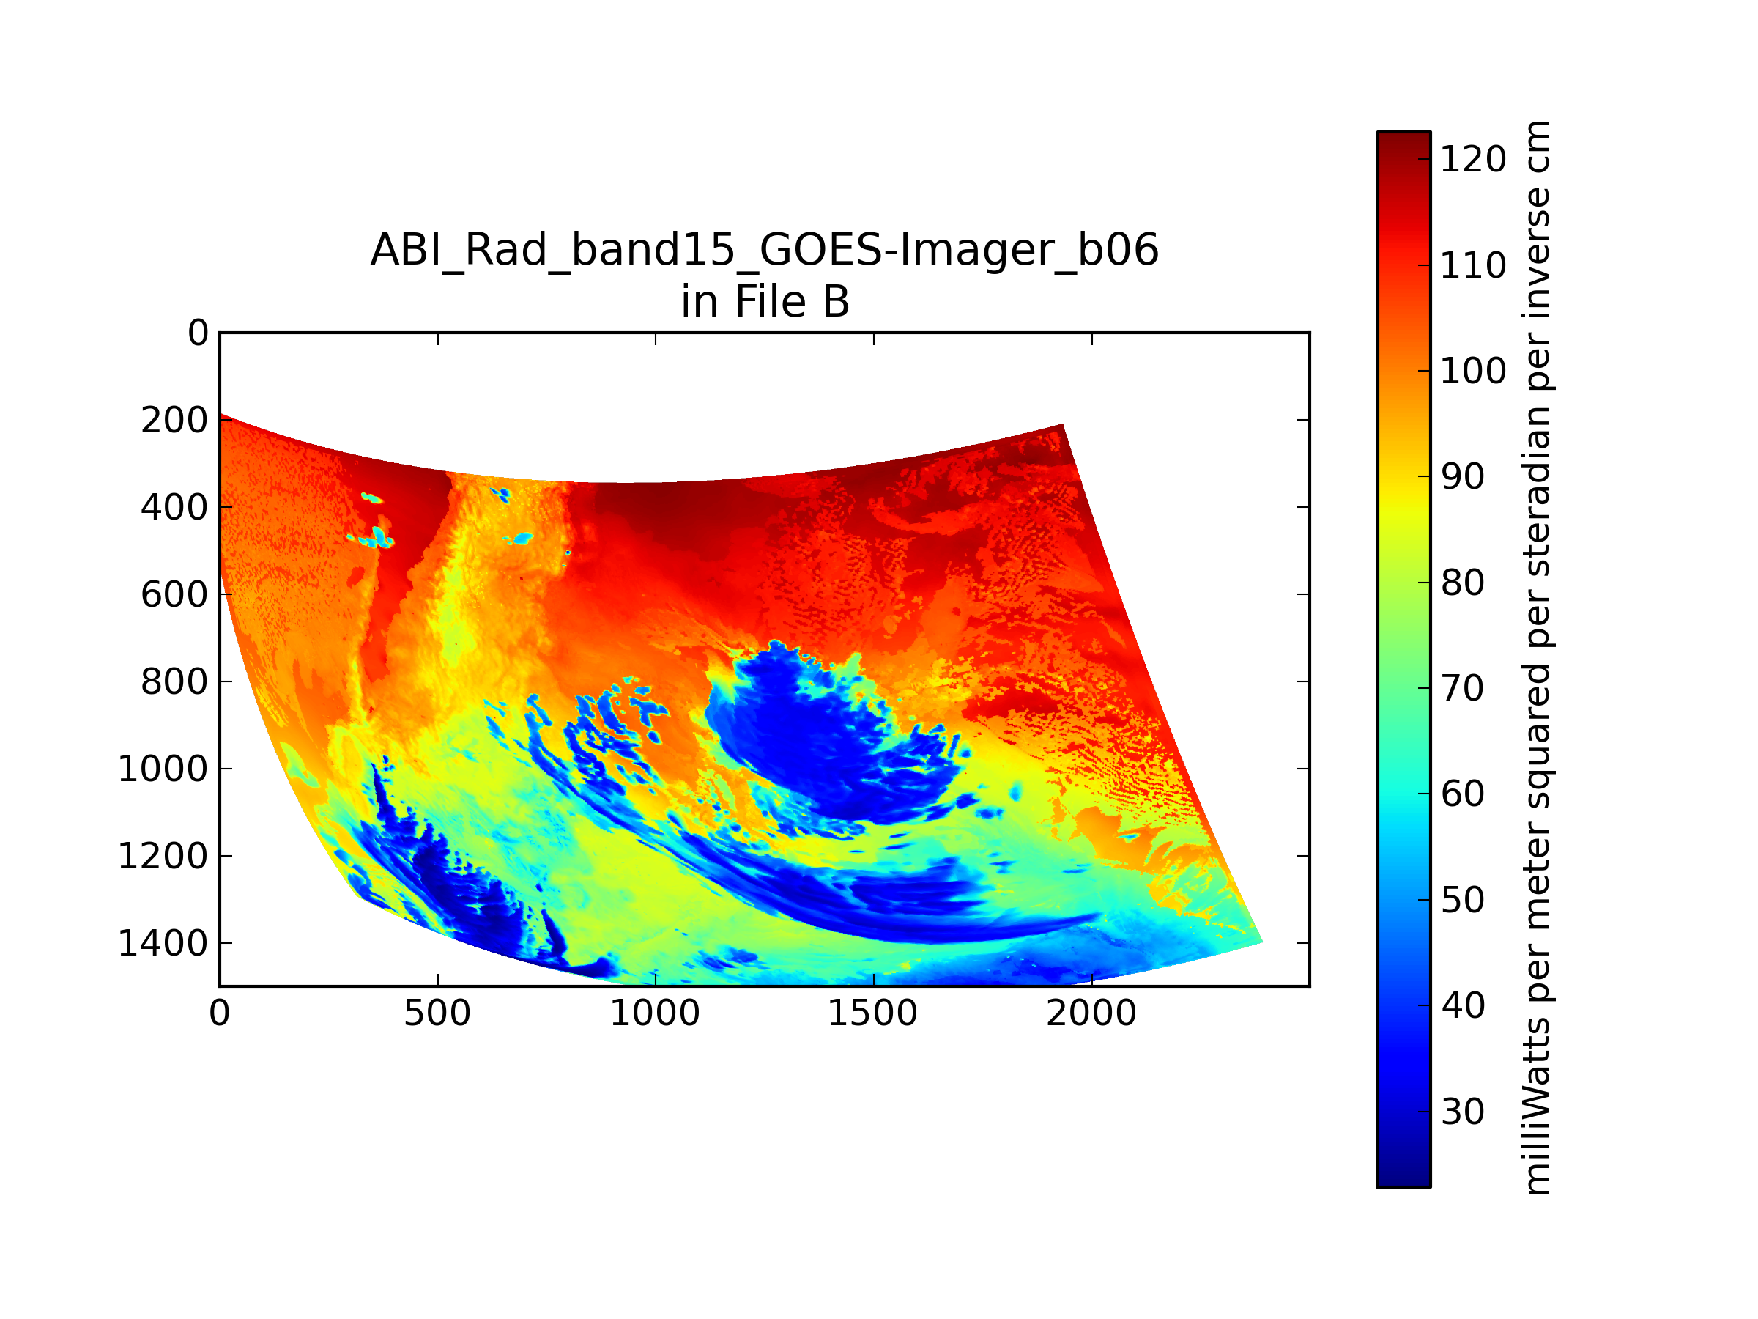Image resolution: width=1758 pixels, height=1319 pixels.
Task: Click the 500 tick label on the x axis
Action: pos(437,1013)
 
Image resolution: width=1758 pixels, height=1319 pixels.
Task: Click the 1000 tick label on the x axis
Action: pos(655,1013)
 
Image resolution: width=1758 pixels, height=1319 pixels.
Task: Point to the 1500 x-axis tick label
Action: pos(872,1013)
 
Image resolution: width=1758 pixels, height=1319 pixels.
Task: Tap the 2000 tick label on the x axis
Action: pos(1091,1013)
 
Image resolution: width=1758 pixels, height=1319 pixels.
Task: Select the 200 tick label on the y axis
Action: pos(175,421)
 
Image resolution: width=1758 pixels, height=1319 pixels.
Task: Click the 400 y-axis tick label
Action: pos(175,507)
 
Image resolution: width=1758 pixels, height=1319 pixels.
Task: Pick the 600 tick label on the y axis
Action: pos(175,595)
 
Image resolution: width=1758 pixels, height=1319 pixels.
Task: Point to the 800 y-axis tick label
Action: pos(175,682)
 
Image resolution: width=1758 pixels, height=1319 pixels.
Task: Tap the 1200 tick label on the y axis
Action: pos(163,857)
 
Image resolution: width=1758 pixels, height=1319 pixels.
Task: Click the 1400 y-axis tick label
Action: pos(163,944)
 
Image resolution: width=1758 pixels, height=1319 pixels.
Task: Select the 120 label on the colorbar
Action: pos(1472,160)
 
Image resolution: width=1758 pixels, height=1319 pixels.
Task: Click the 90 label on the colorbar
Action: pos(1462,477)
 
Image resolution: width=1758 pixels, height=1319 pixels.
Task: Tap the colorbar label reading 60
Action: pos(1462,794)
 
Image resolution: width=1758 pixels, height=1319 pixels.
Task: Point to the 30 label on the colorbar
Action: pos(1462,1112)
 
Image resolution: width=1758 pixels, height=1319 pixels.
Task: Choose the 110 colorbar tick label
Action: pos(1472,265)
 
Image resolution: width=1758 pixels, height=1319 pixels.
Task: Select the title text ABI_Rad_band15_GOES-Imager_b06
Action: pos(765,251)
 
